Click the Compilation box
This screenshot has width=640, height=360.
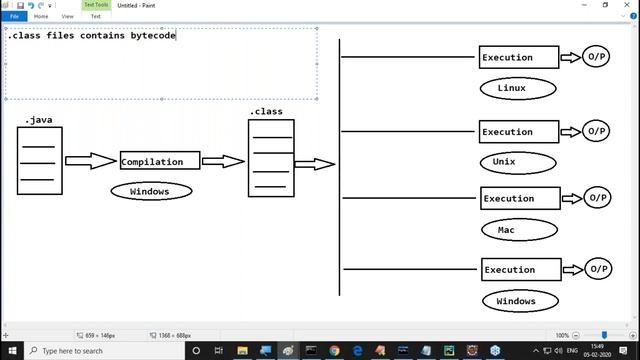pyautogui.click(x=159, y=161)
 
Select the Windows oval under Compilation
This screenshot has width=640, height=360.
pyautogui.click(x=150, y=191)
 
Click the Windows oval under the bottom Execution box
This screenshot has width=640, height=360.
pyautogui.click(x=516, y=300)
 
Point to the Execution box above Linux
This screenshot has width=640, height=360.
pyautogui.click(x=519, y=57)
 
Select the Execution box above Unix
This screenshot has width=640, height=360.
pyautogui.click(x=519, y=131)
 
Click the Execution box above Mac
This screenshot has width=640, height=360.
pyautogui.click(x=520, y=198)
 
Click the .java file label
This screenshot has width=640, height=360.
pyautogui.click(x=38, y=120)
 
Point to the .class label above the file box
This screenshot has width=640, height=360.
pyautogui.click(x=266, y=112)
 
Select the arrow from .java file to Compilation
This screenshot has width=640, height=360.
pyautogui.click(x=90, y=161)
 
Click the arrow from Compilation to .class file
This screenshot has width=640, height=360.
pyautogui.click(x=223, y=161)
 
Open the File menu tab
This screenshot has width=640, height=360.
pyautogui.click(x=15, y=16)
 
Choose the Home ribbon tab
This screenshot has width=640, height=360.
pyautogui.click(x=41, y=16)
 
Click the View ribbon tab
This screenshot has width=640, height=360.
pyautogui.click(x=68, y=16)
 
